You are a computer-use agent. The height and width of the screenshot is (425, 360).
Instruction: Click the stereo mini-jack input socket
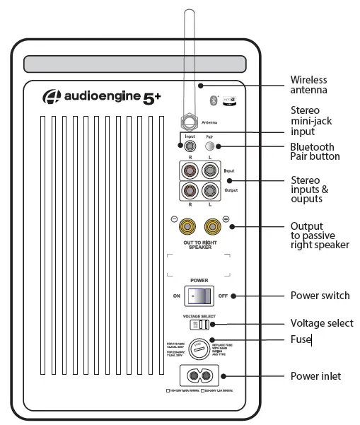coord(191,147)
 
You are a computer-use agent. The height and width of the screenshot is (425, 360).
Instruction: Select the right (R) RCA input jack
coord(191,170)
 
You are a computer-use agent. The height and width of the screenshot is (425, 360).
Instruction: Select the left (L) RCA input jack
coord(210,170)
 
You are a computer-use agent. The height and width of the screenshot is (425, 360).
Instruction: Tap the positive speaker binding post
coord(211,226)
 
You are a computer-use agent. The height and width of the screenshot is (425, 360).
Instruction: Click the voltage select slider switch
coord(199,325)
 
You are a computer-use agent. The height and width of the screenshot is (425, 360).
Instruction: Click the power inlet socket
coord(199,377)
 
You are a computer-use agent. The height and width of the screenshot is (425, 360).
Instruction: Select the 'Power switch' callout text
coord(320,296)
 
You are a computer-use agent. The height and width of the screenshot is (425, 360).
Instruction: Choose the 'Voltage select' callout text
coord(322,323)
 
